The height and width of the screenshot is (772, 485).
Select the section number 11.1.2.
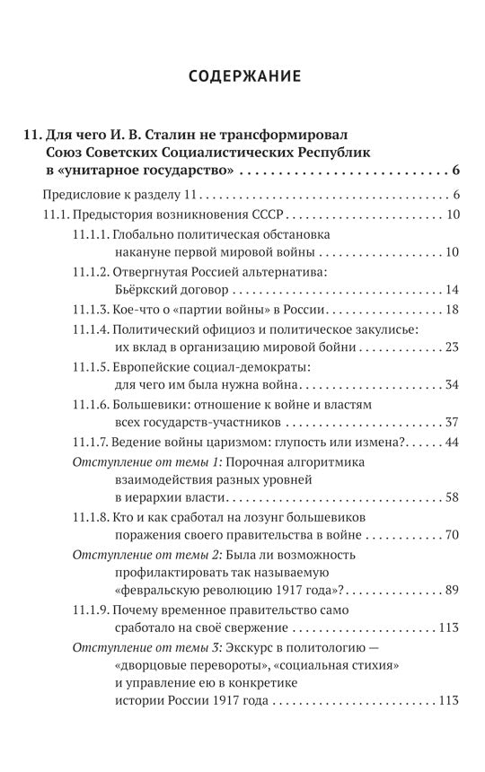click(92, 271)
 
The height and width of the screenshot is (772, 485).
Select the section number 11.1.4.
click(92, 330)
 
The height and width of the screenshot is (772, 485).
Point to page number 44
click(452, 443)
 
